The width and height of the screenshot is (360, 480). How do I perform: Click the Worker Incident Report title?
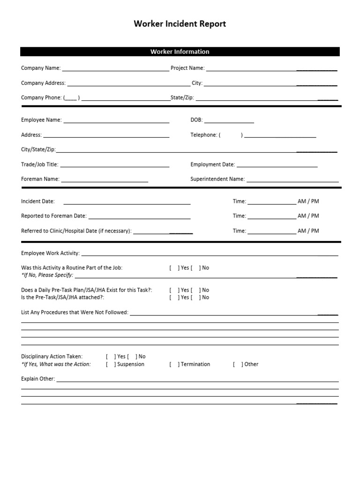pos(180,24)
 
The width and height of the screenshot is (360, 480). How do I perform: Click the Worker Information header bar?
pos(180,52)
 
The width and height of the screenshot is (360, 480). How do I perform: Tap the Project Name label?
pos(187,68)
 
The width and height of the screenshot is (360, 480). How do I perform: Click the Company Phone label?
pos(41,98)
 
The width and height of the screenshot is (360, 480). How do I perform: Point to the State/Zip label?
pos(182,98)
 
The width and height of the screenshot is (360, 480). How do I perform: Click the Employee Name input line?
pos(116,121)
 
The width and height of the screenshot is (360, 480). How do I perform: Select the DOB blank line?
pos(229,121)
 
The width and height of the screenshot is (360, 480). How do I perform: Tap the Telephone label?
pos(204,135)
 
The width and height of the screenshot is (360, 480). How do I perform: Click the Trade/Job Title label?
pos(40,165)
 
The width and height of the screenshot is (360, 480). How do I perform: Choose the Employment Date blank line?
pos(277,166)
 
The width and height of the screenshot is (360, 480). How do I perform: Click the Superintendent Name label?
pos(217,179)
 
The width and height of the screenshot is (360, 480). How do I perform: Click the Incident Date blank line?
pos(127,203)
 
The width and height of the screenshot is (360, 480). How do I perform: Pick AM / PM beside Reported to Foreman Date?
pos(308,216)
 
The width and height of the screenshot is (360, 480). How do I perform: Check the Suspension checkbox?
pos(109,364)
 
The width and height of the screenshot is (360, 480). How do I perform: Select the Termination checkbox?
pos(172,364)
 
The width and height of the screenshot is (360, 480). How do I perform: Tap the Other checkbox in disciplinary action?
pos(236,364)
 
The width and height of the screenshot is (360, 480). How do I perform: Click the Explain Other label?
pos(38,379)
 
